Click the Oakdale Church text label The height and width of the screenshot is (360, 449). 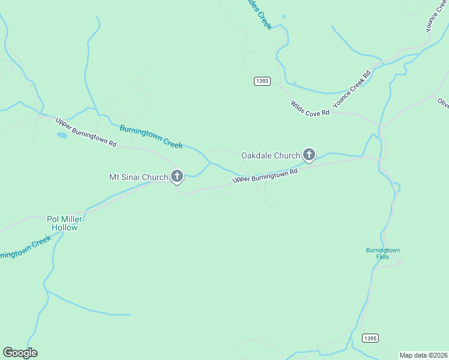click(270, 155)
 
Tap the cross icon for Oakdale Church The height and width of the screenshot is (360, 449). click(309, 155)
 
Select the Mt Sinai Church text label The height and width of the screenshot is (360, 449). click(138, 177)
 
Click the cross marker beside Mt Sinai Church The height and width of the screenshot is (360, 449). click(177, 176)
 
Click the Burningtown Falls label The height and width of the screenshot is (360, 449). click(383, 253)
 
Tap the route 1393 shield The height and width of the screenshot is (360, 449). click(262, 81)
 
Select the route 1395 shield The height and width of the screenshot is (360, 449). click(370, 338)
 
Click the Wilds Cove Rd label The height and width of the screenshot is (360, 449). click(310, 109)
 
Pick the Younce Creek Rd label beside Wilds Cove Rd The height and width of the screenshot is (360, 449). click(352, 88)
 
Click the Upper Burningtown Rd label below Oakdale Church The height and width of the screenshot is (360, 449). click(265, 176)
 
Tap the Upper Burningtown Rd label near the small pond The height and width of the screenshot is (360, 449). click(86, 132)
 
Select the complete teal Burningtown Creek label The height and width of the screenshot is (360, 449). click(151, 136)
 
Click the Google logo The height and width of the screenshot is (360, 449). click(20, 353)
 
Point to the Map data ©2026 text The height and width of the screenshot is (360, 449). click(424, 355)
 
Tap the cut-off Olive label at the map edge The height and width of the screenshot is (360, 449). click(443, 103)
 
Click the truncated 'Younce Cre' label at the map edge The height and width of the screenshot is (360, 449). click(436, 16)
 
